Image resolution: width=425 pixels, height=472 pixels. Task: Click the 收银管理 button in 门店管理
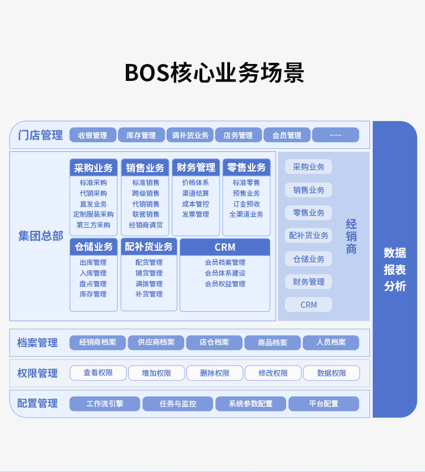(x=93, y=135)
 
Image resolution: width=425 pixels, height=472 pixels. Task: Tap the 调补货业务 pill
(x=190, y=135)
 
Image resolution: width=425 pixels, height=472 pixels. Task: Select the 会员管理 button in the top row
(x=287, y=135)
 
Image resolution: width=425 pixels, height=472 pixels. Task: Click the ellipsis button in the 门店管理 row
(x=335, y=135)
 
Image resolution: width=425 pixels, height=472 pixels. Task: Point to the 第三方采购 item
(x=93, y=225)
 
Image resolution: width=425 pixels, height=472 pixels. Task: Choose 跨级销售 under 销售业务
(x=146, y=193)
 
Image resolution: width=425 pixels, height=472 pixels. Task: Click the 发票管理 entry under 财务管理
(x=195, y=214)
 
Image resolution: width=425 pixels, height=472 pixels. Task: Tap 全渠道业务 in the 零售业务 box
(x=246, y=214)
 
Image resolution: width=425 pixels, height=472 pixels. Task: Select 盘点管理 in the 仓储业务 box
(x=93, y=284)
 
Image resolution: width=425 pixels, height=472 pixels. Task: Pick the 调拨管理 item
(x=149, y=284)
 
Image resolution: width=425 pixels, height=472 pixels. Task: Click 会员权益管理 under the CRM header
(x=225, y=284)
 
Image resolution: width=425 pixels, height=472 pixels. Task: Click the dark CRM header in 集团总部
(x=225, y=247)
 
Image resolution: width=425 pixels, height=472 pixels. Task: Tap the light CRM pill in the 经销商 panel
(x=309, y=304)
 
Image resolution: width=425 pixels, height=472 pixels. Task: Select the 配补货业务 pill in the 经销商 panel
(x=309, y=235)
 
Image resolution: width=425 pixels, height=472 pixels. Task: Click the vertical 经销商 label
(x=351, y=237)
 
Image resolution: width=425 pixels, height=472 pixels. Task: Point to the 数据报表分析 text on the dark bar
(x=395, y=269)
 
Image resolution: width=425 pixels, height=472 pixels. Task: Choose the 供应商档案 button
(x=156, y=342)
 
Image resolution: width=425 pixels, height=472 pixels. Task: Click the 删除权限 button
(x=215, y=374)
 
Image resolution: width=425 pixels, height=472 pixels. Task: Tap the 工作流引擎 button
(x=105, y=404)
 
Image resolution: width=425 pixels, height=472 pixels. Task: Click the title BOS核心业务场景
(x=214, y=73)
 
